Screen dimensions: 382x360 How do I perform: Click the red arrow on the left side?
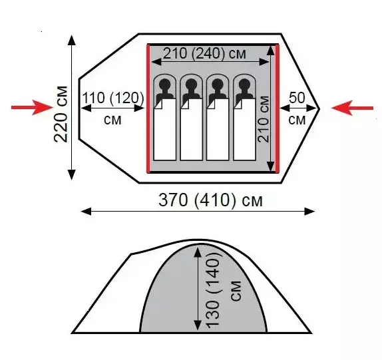(32, 107)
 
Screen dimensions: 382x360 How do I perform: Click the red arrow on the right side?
(352, 108)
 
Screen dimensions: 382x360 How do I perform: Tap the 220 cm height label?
(61, 114)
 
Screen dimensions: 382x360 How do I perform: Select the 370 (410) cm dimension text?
(210, 200)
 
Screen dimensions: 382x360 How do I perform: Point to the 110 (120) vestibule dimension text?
(113, 98)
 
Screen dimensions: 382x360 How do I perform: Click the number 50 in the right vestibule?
(297, 98)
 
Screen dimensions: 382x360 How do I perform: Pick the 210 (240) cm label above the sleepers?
(204, 53)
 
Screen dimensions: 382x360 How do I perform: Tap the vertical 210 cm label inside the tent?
(264, 119)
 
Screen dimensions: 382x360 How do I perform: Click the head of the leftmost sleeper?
(164, 85)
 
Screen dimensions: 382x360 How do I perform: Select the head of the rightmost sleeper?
(244, 85)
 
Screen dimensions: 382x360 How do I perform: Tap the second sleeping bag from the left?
(191, 129)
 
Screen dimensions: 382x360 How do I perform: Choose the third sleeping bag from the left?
(218, 129)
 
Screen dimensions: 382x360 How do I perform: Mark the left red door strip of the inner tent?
(148, 108)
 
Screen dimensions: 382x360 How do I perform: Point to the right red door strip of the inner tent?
(278, 108)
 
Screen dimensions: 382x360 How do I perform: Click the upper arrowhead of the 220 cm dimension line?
(71, 40)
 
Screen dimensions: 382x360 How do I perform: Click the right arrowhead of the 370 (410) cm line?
(309, 212)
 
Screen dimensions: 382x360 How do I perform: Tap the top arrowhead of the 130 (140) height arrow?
(198, 252)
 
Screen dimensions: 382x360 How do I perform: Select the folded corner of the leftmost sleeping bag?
(158, 104)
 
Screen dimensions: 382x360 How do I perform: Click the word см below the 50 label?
(297, 120)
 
